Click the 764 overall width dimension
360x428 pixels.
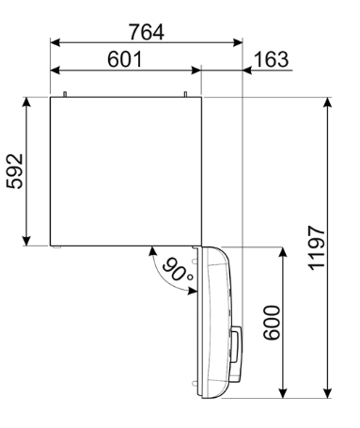(146, 31)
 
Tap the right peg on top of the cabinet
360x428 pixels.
(187, 93)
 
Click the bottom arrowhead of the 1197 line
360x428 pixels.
(326, 392)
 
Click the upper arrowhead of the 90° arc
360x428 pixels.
(150, 249)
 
